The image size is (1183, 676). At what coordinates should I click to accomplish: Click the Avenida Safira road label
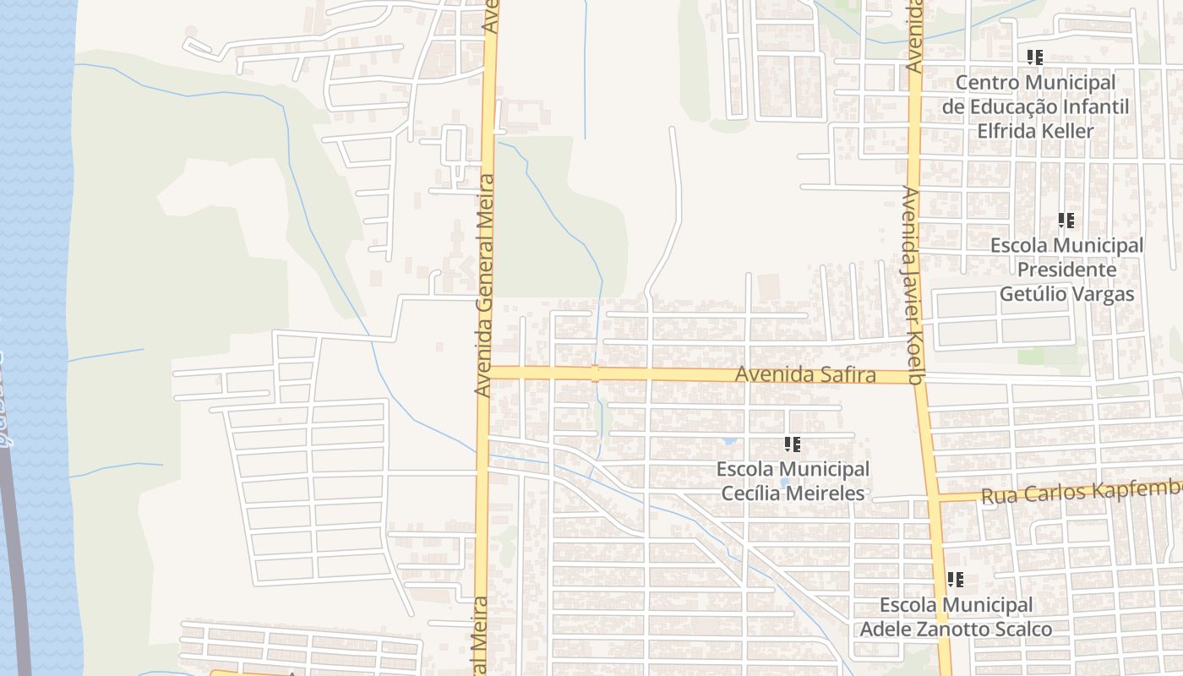804,374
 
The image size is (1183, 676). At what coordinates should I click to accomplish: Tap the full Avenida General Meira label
483,286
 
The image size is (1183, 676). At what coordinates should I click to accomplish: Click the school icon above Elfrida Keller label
1035,57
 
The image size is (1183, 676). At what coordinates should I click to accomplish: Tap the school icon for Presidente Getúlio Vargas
1066,221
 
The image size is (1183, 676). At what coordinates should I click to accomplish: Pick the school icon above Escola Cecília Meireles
792,444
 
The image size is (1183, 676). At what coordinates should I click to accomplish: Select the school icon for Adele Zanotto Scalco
956,580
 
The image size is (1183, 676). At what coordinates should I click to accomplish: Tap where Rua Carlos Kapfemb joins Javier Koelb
936,499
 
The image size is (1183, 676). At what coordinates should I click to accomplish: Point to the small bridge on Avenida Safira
595,373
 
